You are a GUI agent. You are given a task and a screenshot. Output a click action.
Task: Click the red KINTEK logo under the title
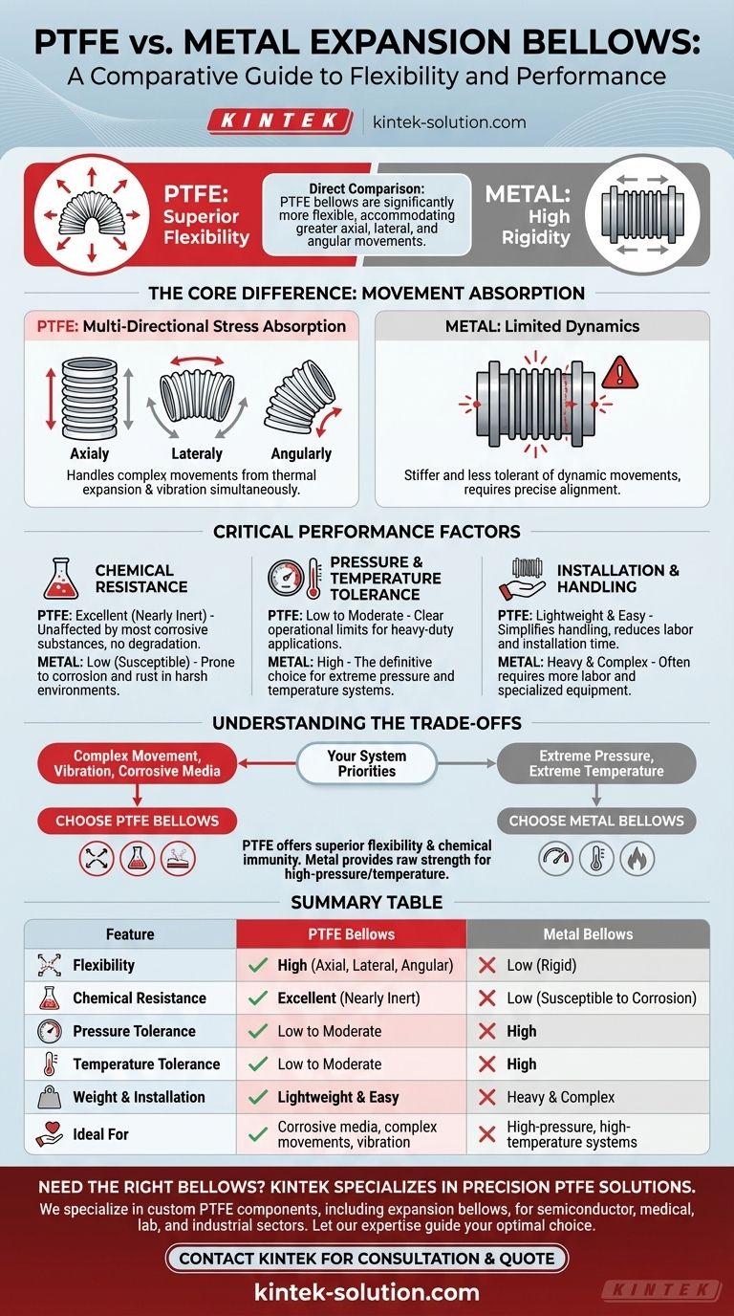(x=278, y=121)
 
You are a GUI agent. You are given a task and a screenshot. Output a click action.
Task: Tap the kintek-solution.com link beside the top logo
(x=449, y=122)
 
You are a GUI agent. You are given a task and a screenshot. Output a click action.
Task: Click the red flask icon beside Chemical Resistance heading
(x=61, y=580)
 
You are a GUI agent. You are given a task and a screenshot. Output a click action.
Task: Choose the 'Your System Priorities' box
(x=367, y=762)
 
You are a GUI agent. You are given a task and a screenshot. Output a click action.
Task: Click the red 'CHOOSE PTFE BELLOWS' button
(x=137, y=821)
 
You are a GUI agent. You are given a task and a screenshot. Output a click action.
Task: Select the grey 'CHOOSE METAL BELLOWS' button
(x=596, y=821)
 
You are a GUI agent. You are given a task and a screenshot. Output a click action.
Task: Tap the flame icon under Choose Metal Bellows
(x=637, y=858)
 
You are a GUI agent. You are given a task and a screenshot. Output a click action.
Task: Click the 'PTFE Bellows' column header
(x=351, y=933)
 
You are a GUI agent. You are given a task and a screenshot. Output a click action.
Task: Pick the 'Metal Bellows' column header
(x=588, y=933)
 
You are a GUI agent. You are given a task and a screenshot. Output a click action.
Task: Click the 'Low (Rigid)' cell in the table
(x=543, y=965)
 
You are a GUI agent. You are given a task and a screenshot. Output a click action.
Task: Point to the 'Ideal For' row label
(x=100, y=1134)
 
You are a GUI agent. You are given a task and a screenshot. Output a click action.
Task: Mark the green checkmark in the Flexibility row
(x=257, y=965)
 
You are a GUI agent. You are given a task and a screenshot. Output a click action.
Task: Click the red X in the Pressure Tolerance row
(x=486, y=1031)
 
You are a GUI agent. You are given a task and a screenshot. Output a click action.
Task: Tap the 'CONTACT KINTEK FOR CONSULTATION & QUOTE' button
(x=367, y=1258)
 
